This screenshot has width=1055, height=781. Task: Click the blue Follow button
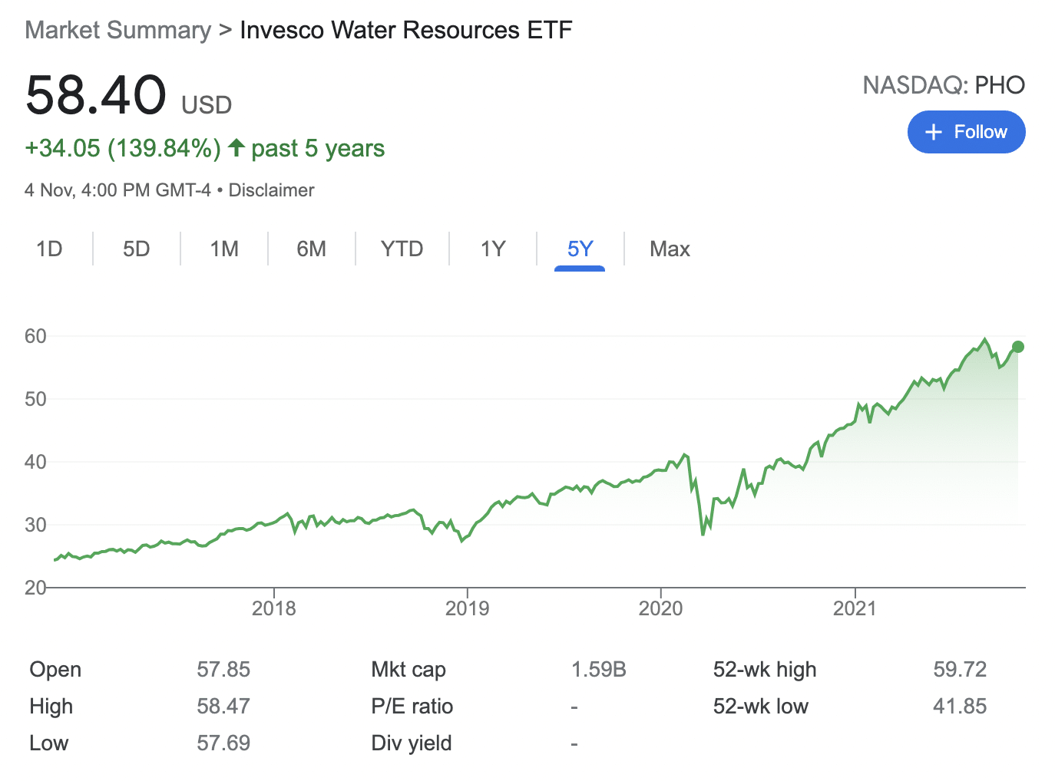coord(966,132)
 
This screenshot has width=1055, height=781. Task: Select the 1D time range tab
coord(49,249)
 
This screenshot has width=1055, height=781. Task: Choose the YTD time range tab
coord(402,249)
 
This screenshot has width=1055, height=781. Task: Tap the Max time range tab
coord(670,249)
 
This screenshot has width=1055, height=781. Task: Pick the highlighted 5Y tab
coord(580,249)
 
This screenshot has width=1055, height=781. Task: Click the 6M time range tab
coord(311,249)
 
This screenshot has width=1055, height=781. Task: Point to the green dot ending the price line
coord(1018,347)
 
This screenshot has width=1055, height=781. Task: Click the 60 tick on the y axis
coord(35,336)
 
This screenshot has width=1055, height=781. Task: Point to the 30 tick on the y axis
coord(35,525)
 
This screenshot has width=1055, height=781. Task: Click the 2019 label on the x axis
coord(467,608)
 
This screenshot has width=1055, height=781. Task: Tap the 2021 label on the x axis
coord(855,608)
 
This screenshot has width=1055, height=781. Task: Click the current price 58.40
coord(96,96)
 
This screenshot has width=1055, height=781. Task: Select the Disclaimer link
coord(271,190)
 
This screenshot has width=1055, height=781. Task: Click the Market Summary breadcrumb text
coord(117,31)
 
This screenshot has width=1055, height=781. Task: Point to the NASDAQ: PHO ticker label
coord(944,85)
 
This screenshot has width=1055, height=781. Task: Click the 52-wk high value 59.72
coord(960,670)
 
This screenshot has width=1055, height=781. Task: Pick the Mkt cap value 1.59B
coord(598,670)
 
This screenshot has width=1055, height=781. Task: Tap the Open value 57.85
coord(223,670)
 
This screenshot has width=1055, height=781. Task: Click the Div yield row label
coord(412,743)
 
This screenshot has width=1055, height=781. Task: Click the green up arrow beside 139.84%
coord(236,147)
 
